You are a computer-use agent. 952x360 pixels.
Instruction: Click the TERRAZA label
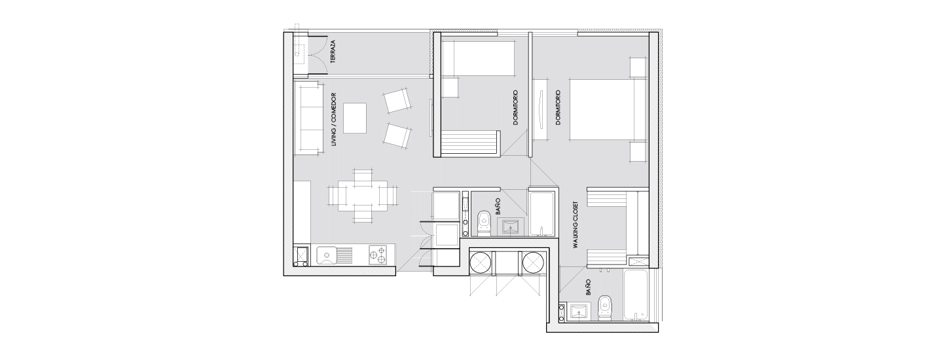tap(333, 52)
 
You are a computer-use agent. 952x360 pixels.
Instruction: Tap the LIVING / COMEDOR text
tap(334, 120)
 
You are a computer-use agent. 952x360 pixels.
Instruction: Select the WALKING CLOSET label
tap(576, 225)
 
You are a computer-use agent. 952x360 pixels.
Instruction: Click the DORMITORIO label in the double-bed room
tap(558, 107)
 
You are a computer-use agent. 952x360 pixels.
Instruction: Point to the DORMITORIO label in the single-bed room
tap(515, 107)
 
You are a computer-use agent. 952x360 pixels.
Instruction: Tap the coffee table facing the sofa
tap(355, 118)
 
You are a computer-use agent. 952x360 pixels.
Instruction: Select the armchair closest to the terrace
tap(397, 101)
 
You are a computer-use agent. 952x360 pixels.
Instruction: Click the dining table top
tap(363, 196)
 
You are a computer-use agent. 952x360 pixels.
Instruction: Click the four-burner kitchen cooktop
tap(80, 255)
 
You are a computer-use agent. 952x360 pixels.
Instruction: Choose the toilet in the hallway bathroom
tap(484, 224)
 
